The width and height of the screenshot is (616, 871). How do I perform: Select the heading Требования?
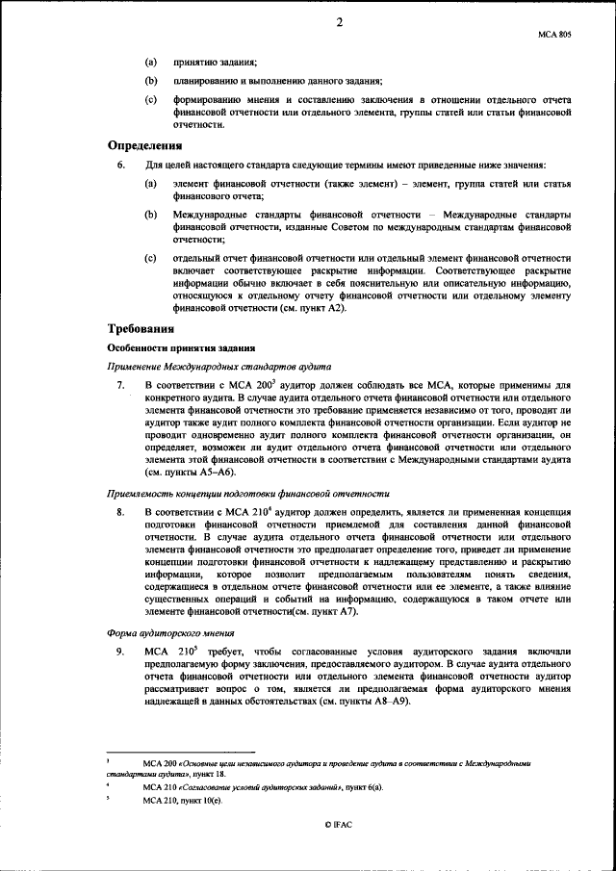(x=144, y=329)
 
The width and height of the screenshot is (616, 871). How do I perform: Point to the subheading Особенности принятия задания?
(x=180, y=347)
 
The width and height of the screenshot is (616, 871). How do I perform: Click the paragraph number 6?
(x=119, y=166)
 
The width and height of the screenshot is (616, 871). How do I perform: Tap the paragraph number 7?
(x=119, y=385)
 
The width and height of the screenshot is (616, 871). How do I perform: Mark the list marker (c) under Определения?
(x=150, y=259)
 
